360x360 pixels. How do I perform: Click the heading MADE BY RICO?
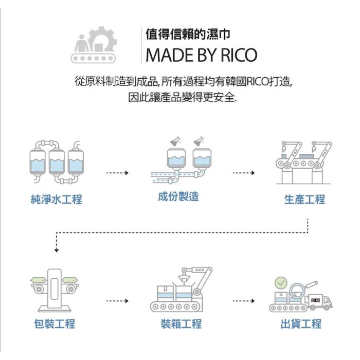pyautogui.click(x=201, y=55)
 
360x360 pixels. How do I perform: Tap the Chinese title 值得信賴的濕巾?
pyautogui.click(x=188, y=34)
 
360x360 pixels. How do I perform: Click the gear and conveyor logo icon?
pyautogui.click(x=95, y=45)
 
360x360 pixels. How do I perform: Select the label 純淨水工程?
pyautogui.click(x=57, y=200)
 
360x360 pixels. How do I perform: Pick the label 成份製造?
pyautogui.click(x=178, y=196)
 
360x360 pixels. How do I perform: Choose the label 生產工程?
pyautogui.click(x=304, y=200)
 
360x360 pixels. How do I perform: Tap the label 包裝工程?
pyautogui.click(x=55, y=324)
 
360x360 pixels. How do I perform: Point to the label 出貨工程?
pyautogui.click(x=301, y=324)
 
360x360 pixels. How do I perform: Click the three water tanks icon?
pyautogui.click(x=57, y=161)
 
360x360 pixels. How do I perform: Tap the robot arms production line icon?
pyautogui.click(x=304, y=162)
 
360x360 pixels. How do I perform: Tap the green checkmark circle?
pyautogui.click(x=281, y=282)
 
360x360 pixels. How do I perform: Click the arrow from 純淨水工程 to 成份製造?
pyautogui.click(x=117, y=173)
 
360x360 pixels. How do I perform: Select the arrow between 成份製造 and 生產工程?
pyautogui.click(x=243, y=173)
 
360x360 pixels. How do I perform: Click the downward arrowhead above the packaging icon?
pyautogui.click(x=56, y=250)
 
